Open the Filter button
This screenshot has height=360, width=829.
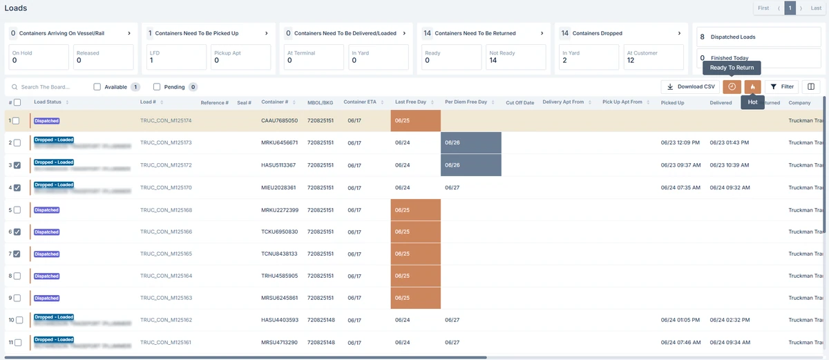782,87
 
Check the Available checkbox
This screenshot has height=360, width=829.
97,87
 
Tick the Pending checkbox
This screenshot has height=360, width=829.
157,87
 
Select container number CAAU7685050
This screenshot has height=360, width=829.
279,121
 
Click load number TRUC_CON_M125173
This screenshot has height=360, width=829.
166,143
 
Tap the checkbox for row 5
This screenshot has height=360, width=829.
17,210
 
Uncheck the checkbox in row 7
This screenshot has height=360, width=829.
17,254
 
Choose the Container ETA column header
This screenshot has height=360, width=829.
359,102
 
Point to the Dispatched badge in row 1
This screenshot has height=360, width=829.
47,121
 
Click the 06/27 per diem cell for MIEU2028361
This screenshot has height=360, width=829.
452,187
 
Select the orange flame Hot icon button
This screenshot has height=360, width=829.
752,87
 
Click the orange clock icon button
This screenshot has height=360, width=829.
732,87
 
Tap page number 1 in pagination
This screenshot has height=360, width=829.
790,8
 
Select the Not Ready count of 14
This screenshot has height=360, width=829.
493,61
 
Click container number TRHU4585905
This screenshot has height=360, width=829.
279,276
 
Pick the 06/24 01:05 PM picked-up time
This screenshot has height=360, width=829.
680,321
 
